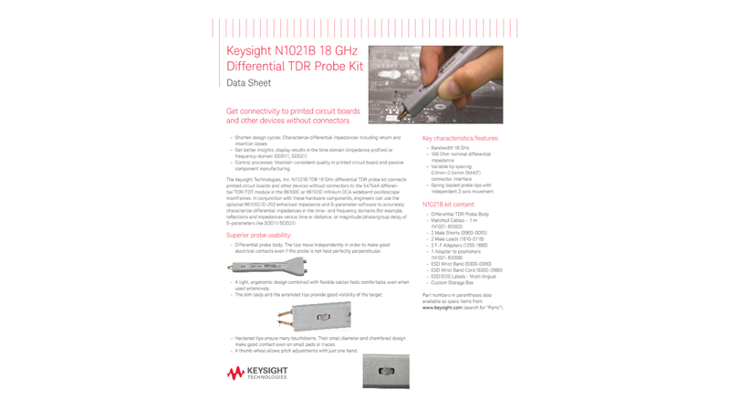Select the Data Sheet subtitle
[x=248, y=83]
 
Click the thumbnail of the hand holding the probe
[x=435, y=85]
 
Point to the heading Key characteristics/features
[x=461, y=138]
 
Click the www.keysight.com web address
[x=443, y=308]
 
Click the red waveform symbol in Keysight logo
[x=235, y=373]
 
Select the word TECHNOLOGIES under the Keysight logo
[x=267, y=377]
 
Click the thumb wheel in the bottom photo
[x=384, y=372]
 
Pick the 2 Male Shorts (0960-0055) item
[x=458, y=233]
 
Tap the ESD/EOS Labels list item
[x=463, y=276]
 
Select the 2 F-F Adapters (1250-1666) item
[x=459, y=245]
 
